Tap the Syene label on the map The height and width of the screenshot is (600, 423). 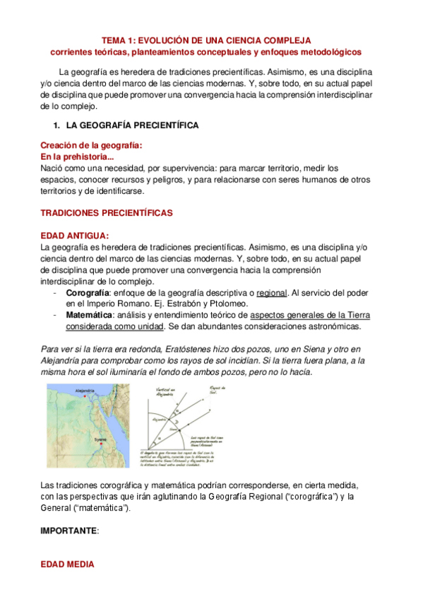pyautogui.click(x=100, y=439)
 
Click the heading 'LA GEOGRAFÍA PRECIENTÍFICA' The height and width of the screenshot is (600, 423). pyautogui.click(x=132, y=125)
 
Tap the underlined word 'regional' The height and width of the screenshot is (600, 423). pyautogui.click(x=271, y=292)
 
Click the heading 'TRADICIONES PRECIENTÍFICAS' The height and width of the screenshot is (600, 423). pyautogui.click(x=107, y=212)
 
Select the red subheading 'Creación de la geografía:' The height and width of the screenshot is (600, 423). pyautogui.click(x=91, y=145)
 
